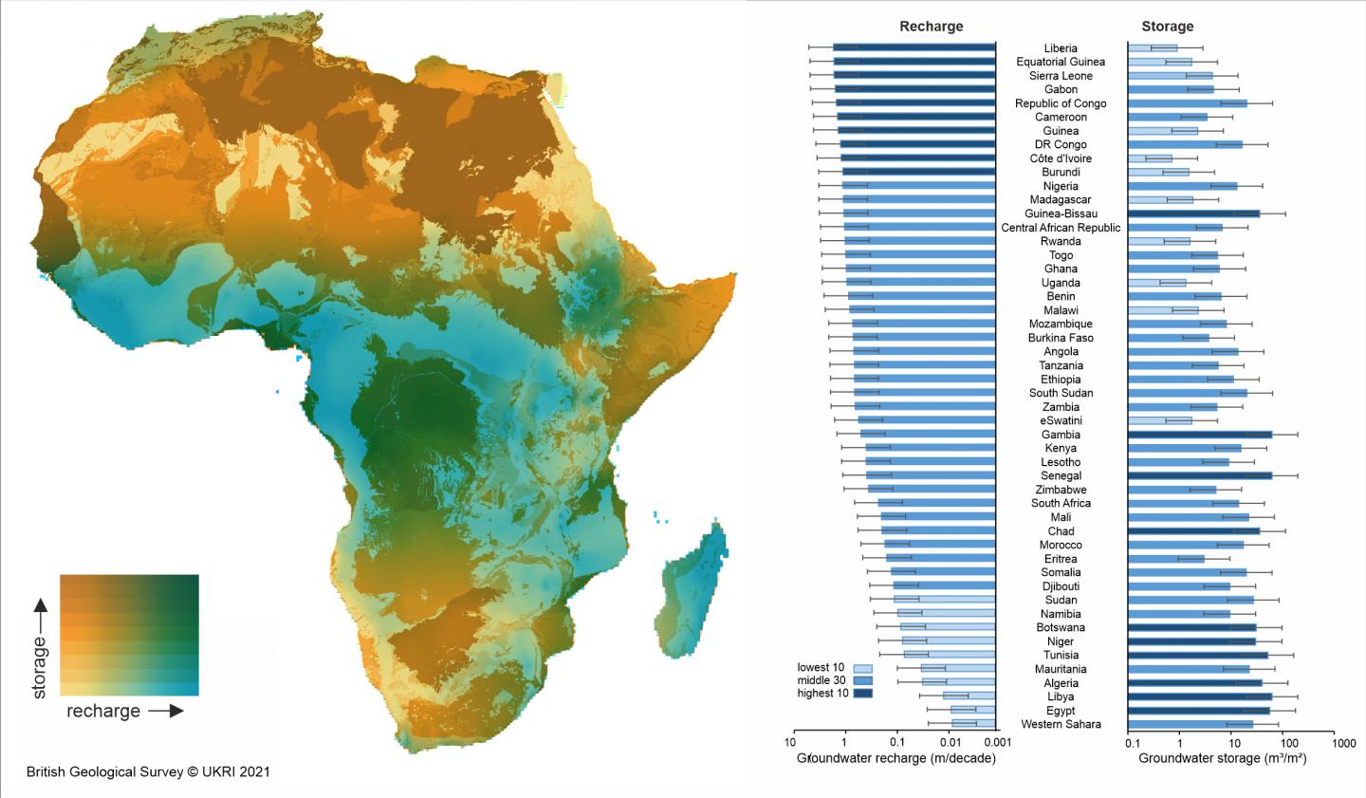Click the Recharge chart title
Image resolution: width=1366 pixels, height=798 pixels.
[x=931, y=27]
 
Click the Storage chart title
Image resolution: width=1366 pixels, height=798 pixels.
[x=1167, y=27]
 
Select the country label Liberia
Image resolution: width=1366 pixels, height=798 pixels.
[x=1061, y=48]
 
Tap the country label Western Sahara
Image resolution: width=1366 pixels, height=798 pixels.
[x=1061, y=724]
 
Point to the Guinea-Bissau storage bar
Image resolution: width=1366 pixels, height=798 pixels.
[x=1193, y=214]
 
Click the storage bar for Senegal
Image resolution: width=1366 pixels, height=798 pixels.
[x=1199, y=476]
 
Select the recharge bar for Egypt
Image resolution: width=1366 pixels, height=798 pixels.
[x=972, y=710]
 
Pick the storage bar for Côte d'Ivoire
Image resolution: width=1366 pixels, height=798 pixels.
[x=1150, y=158]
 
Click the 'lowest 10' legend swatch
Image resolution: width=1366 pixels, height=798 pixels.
[x=862, y=668]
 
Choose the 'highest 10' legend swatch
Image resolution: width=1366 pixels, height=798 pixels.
[x=862, y=694]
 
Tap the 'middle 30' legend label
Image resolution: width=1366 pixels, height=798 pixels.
[x=821, y=680]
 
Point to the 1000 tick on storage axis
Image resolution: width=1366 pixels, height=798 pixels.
[x=1343, y=743]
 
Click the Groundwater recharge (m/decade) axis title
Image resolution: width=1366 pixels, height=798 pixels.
[x=895, y=758]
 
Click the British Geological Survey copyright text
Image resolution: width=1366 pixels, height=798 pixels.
[x=148, y=771]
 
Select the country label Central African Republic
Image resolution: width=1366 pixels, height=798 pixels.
[x=1061, y=228]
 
